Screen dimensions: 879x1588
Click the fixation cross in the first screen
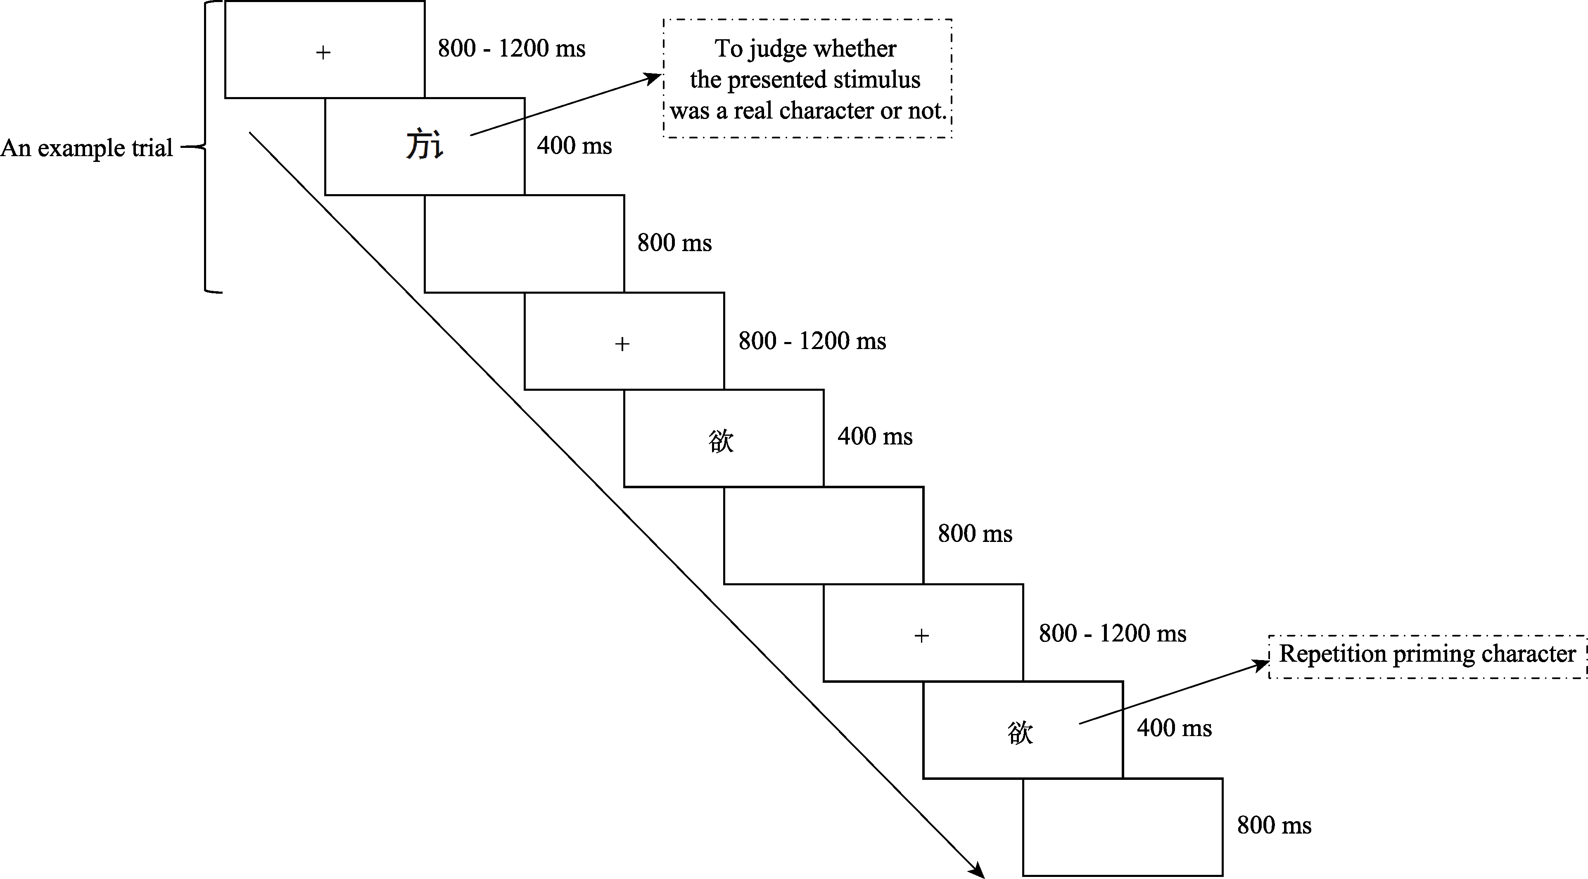(323, 53)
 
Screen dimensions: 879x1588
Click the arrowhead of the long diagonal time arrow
(978, 872)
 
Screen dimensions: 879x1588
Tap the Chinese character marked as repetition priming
(1020, 733)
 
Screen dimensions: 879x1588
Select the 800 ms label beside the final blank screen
(1274, 825)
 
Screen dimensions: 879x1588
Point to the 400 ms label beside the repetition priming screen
(1174, 728)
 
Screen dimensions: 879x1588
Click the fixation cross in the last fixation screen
(921, 636)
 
